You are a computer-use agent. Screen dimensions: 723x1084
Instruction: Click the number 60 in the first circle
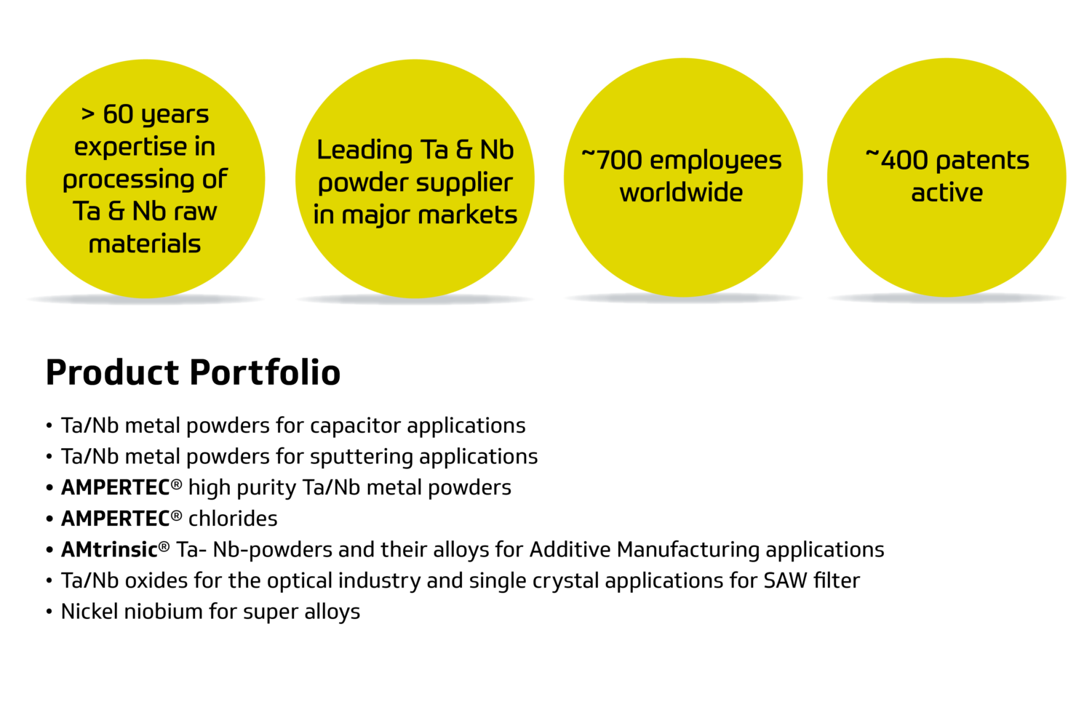click(x=118, y=114)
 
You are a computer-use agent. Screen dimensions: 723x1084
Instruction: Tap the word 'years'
click(x=175, y=116)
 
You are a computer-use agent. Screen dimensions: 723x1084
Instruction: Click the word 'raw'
click(x=195, y=212)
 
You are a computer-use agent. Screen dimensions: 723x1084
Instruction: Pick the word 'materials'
click(x=145, y=244)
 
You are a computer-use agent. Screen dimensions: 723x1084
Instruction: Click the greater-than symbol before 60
click(x=88, y=114)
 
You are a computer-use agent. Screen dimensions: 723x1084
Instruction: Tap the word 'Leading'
click(x=364, y=151)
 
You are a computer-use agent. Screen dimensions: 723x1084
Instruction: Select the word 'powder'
click(x=354, y=183)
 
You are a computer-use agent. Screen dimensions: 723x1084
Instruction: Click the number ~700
click(x=611, y=160)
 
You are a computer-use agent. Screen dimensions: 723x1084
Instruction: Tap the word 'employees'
click(x=716, y=161)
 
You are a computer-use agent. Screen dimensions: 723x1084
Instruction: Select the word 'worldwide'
click(x=682, y=193)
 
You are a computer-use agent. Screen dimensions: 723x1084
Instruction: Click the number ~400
click(x=896, y=160)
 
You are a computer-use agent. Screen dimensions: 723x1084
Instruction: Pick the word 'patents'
click(x=983, y=161)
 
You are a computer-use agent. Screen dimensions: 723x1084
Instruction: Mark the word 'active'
click(x=946, y=193)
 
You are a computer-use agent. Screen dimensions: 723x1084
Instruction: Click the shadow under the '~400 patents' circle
click(x=946, y=299)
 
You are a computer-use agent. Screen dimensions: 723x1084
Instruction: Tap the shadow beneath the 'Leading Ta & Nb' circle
click(x=415, y=300)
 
